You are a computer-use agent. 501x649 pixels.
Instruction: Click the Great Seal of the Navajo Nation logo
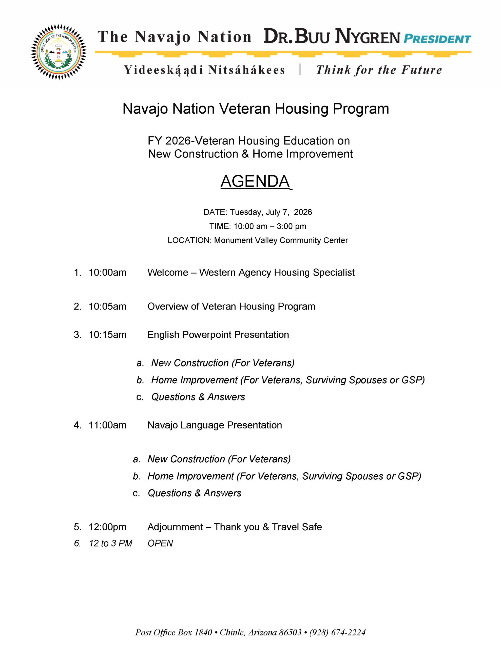59,52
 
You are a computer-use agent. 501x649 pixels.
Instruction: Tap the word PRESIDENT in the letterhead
437,39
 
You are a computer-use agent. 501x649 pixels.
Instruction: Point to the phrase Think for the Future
379,70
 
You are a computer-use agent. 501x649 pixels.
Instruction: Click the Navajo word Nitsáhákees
246,70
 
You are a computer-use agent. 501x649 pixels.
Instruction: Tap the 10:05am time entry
107,306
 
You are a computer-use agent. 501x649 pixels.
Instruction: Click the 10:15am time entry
107,335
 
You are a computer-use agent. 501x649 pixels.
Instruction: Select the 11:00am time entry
107,425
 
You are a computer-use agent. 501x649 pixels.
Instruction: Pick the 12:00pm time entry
107,527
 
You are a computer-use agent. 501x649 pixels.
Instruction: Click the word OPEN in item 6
160,543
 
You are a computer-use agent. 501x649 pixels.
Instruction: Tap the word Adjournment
175,527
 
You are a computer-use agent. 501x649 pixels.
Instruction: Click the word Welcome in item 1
168,273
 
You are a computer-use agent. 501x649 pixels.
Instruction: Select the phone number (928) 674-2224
337,632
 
